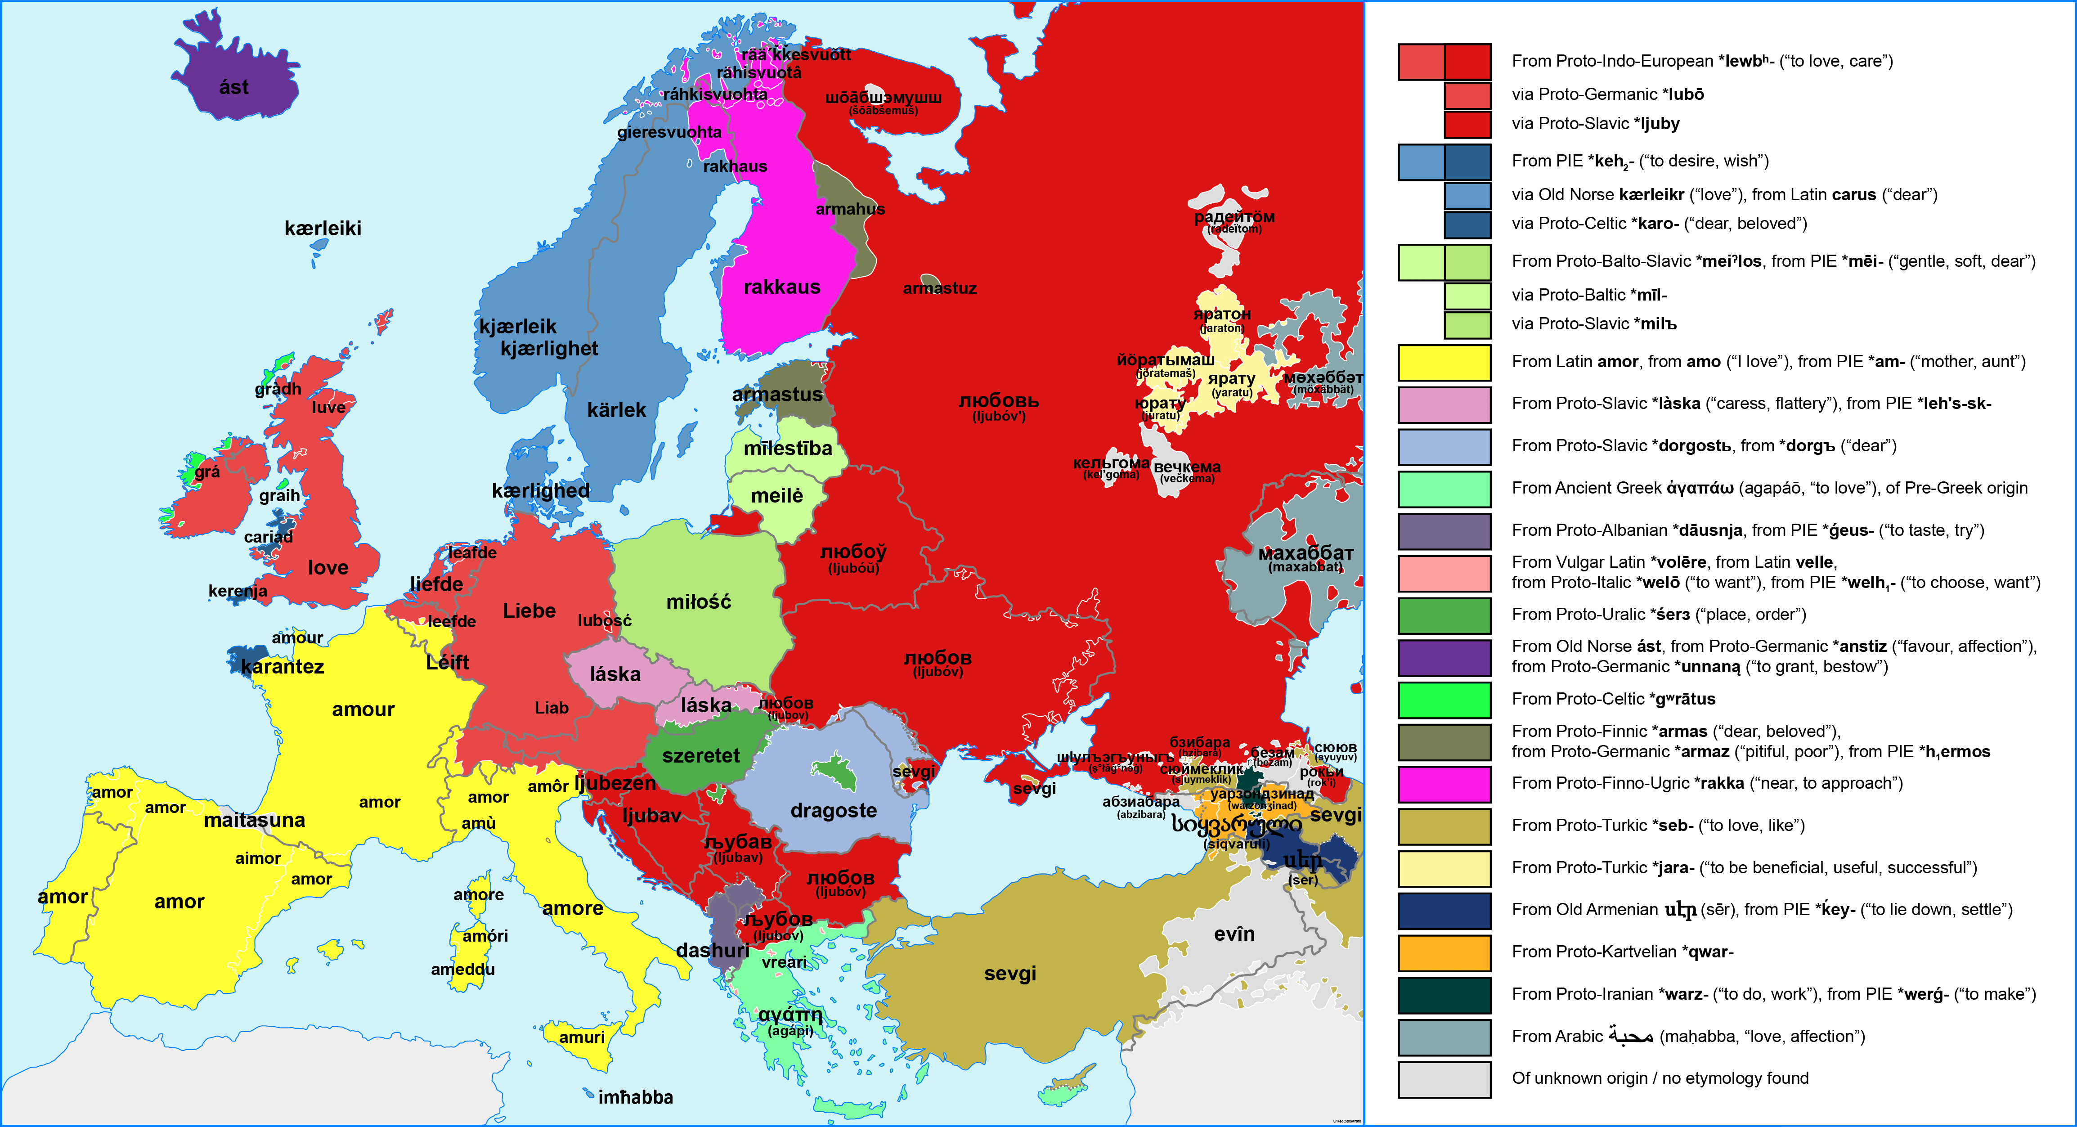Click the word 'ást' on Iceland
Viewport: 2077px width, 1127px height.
(234, 87)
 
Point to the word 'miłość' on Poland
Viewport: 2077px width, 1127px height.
(698, 602)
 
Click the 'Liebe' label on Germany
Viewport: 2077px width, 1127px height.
(529, 611)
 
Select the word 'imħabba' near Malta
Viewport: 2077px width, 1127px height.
(635, 1097)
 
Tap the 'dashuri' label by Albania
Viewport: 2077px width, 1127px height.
(713, 951)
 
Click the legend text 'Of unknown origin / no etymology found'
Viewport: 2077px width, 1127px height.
(1660, 1078)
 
